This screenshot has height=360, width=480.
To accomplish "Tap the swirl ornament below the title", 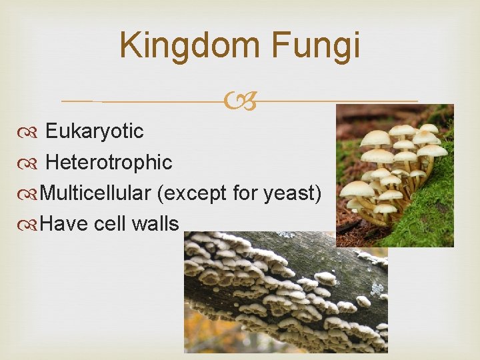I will click(240, 102).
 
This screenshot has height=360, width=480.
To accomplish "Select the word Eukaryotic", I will click(94, 131).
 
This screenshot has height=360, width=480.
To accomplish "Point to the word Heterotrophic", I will click(109, 162).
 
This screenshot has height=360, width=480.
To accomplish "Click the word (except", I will click(192, 194).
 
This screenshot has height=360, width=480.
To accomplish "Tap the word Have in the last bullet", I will click(64, 224).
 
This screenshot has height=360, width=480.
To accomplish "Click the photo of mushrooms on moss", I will click(395, 175).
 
